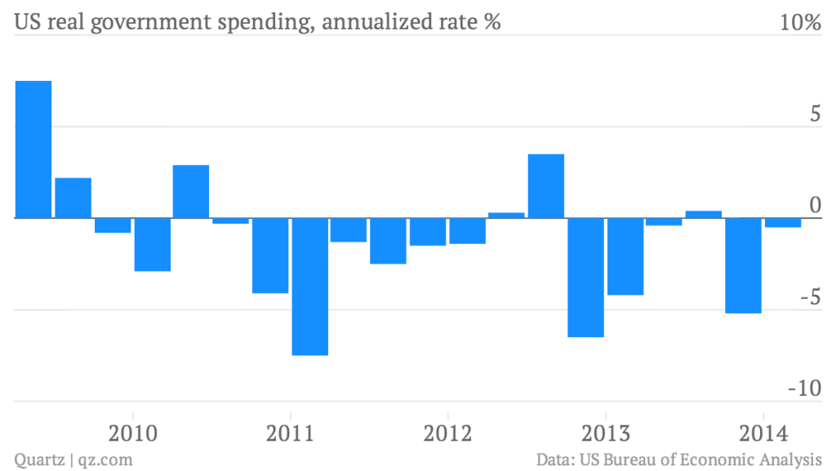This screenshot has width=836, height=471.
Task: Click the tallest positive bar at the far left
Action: point(33,149)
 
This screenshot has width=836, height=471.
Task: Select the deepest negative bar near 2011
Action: point(309,287)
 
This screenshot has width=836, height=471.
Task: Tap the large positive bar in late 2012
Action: point(546,186)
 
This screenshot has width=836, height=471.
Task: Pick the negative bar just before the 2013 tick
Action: point(585,278)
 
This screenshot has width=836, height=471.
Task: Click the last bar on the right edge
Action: point(783,223)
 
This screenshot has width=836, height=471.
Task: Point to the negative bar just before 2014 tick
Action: point(744,265)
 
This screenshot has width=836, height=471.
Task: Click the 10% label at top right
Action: point(800,23)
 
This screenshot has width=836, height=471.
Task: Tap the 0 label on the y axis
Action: point(813,205)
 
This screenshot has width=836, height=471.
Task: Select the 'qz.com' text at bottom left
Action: point(106,460)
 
